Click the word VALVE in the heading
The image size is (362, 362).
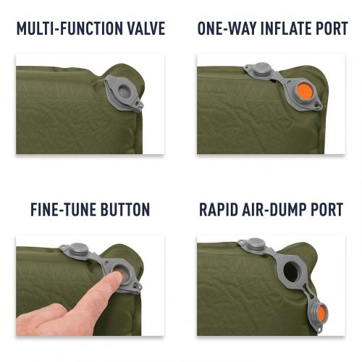(x=146, y=28)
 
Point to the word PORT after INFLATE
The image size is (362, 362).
(x=329, y=28)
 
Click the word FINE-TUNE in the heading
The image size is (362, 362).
(x=63, y=209)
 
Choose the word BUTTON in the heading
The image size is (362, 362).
(x=125, y=209)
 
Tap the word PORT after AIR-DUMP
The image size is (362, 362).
(x=327, y=209)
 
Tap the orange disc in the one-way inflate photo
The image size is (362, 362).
(x=305, y=91)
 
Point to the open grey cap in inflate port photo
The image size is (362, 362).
(x=261, y=70)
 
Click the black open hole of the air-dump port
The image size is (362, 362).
(x=292, y=272)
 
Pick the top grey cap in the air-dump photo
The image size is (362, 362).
(x=256, y=244)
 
